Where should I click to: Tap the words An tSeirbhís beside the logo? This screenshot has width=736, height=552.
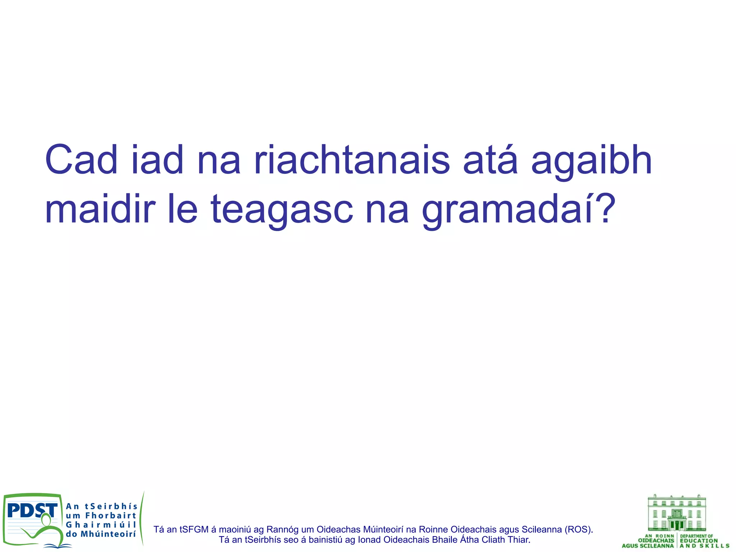(102, 506)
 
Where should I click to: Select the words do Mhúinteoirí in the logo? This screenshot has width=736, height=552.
(101, 534)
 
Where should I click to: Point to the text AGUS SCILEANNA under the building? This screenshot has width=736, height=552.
(648, 546)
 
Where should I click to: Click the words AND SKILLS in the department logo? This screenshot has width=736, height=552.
(704, 546)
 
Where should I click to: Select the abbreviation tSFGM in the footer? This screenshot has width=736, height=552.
(194, 529)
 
